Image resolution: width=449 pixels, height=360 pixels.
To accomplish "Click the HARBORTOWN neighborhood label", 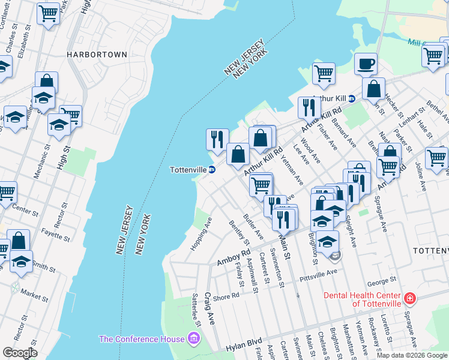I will pos(97,55).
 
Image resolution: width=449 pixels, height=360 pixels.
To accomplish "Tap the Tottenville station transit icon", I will pos(212,169).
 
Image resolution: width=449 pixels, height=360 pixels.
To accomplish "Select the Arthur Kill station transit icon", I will pos(352,98).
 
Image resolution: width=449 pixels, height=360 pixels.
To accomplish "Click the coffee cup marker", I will pos(365,63).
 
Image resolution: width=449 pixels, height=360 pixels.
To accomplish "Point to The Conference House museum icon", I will pos(193,340).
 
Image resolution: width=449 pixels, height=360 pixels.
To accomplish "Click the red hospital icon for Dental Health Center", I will pos(409,298).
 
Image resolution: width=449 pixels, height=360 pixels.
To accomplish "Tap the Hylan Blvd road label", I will pos(245,347).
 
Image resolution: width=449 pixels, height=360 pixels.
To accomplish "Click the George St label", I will pos(381,280).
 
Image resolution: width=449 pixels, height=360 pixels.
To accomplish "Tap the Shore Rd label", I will pos(226,296).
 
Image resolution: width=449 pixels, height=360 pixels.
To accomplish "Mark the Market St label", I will pos(34,295).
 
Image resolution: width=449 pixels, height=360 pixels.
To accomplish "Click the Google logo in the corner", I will pos(19,352).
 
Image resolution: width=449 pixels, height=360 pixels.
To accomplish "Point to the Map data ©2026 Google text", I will pos(412,355).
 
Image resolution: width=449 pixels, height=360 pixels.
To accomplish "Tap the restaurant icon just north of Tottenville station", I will pos(217,139).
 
